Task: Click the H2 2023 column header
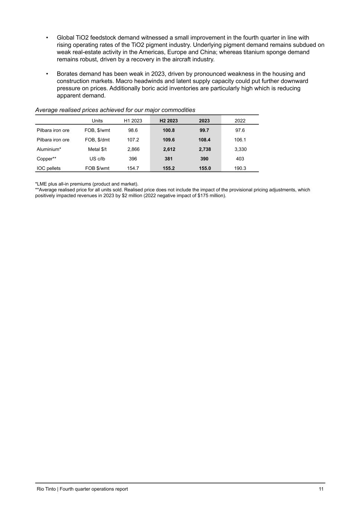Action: pos(168,121)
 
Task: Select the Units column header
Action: pos(97,121)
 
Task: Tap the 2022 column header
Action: pos(240,121)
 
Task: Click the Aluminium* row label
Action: pos(49,149)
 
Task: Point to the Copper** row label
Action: pos(46,159)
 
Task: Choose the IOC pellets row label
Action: pos(48,168)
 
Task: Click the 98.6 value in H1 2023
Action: pos(133,130)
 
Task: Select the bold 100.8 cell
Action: pos(168,130)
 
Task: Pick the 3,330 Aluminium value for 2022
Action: pos(240,149)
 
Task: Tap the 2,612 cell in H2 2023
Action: pos(169,149)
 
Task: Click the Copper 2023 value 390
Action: pos(204,159)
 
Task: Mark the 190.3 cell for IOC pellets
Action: pos(240,168)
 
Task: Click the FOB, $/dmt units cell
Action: pos(97,140)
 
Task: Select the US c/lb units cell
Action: pos(97,159)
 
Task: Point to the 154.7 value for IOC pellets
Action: pos(133,168)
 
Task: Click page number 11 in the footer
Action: pos(321,489)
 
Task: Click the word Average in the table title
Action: pos(46,110)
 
